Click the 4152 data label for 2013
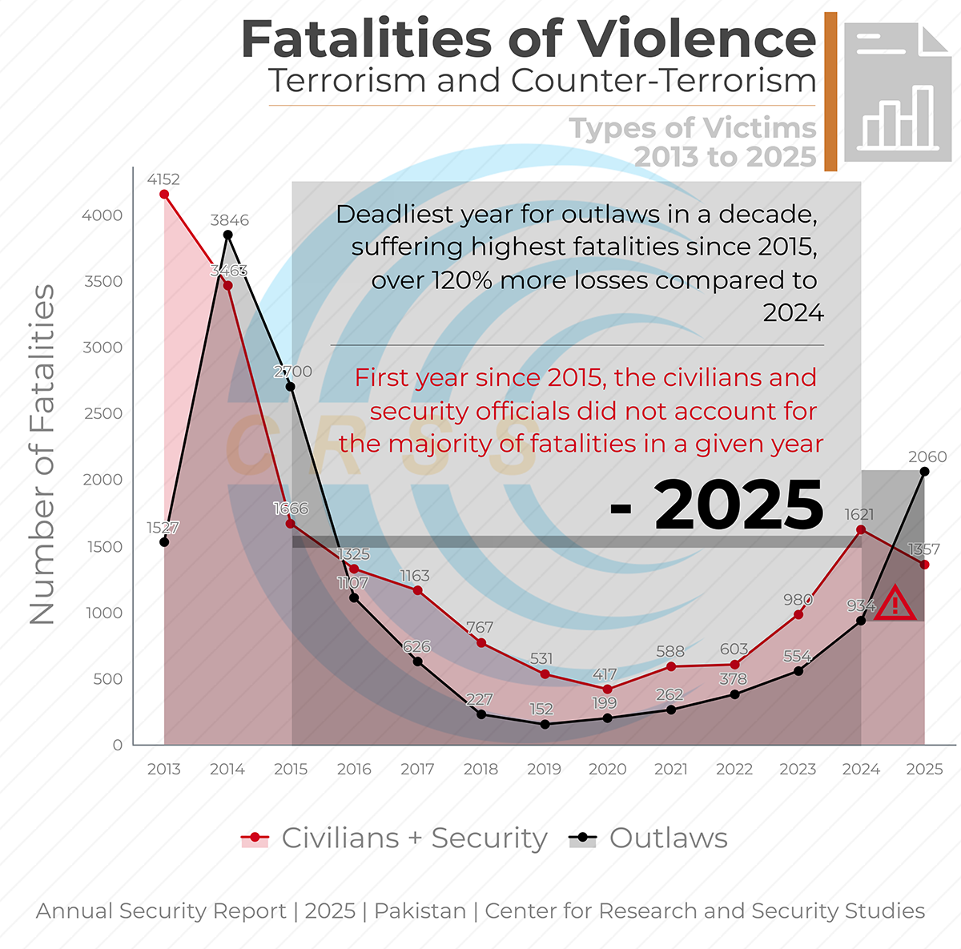point(163,179)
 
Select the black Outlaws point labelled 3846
point(227,235)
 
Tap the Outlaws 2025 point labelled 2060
point(925,472)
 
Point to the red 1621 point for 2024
point(861,529)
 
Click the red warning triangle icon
point(895,604)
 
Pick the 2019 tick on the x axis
point(544,769)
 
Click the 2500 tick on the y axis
point(103,413)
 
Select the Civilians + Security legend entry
point(395,838)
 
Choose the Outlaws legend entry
point(649,838)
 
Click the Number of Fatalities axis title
point(42,454)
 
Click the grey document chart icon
point(898,92)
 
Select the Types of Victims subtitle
point(692,128)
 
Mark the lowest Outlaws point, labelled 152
point(545,724)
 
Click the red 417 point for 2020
point(608,689)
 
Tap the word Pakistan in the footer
point(420,911)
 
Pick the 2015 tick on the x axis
point(291,769)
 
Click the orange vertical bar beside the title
point(830,91)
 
